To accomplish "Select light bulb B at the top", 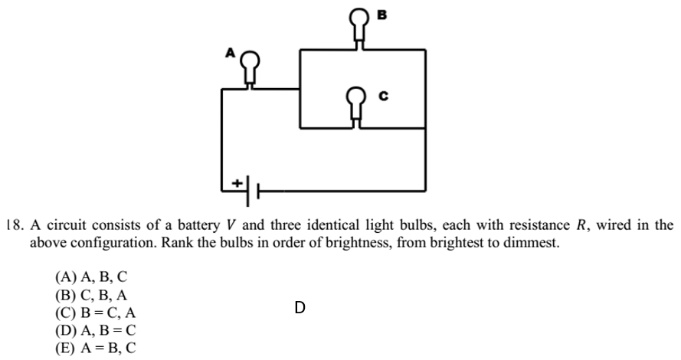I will pos(359,24).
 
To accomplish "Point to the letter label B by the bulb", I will pos(381,13).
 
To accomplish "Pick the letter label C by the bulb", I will pos(385,97).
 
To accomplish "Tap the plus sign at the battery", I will pos(237,183).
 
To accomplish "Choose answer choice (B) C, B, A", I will pos(86,294).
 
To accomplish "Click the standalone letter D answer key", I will pos(300,308).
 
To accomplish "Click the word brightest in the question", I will pos(398,244).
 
